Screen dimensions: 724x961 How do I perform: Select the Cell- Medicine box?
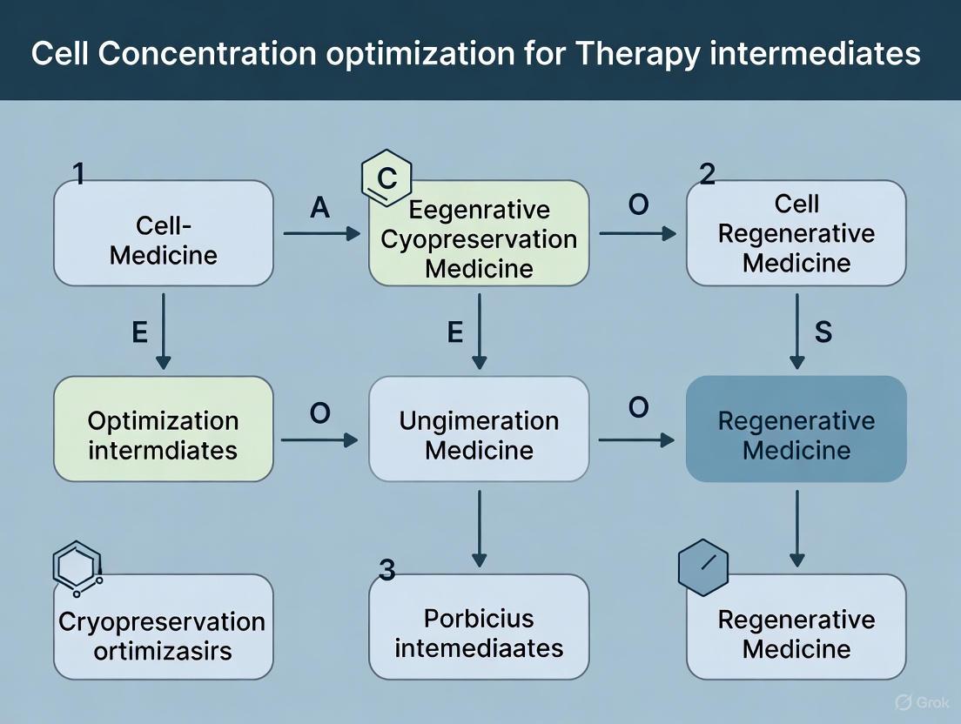click(x=164, y=233)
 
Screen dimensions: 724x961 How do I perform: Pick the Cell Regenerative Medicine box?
click(x=796, y=233)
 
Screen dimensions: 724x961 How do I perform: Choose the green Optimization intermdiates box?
click(x=164, y=429)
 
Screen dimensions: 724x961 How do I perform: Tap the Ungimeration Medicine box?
click(x=479, y=429)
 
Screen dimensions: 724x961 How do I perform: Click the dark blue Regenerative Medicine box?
click(x=796, y=429)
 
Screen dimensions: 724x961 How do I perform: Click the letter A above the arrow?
click(x=319, y=209)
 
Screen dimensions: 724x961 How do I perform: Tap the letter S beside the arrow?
click(x=823, y=332)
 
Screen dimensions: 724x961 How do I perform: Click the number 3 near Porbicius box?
click(x=387, y=571)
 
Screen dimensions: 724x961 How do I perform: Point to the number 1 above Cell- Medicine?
click(x=78, y=174)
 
